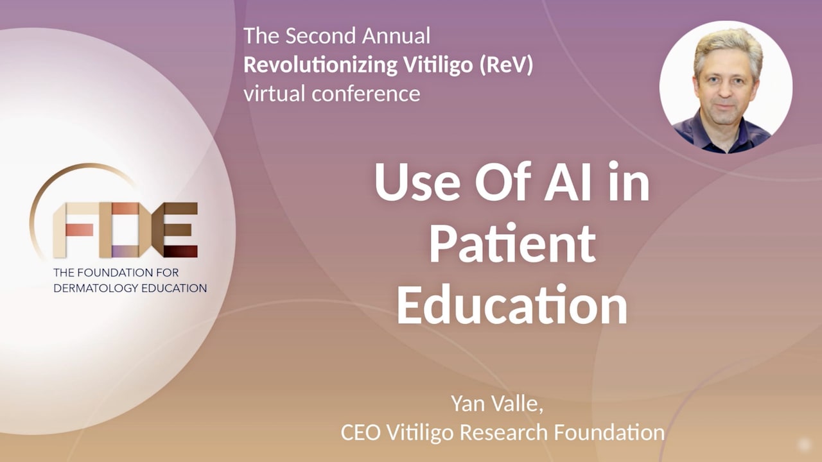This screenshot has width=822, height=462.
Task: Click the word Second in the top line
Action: pos(320,36)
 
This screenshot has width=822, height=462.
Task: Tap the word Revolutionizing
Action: pos(320,65)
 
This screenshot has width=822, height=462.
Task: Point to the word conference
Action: pos(366,94)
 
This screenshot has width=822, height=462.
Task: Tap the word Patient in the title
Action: pos(512,244)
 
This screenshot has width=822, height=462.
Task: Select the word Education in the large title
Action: pos(512,305)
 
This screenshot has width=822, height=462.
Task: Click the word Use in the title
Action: pos(417,182)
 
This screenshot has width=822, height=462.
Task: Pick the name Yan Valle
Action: pos(496,404)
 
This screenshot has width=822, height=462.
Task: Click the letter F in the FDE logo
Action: pos(73,230)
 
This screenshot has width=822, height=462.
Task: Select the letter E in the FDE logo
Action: pos(175,230)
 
